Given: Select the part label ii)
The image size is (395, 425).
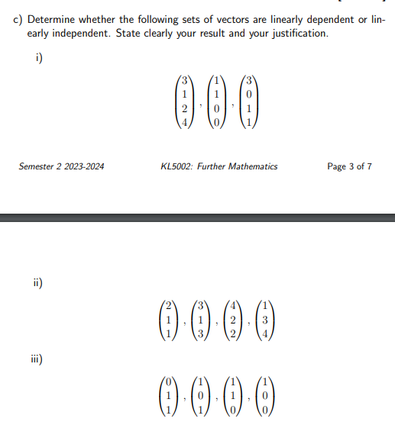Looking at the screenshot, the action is (36, 282).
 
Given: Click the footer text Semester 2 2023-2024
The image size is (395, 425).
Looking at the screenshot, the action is (61, 166).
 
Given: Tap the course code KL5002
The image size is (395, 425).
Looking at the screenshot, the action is (177, 166).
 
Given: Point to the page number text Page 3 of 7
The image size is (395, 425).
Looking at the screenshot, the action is (349, 166).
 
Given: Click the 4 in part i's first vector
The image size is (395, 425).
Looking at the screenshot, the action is (183, 122).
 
